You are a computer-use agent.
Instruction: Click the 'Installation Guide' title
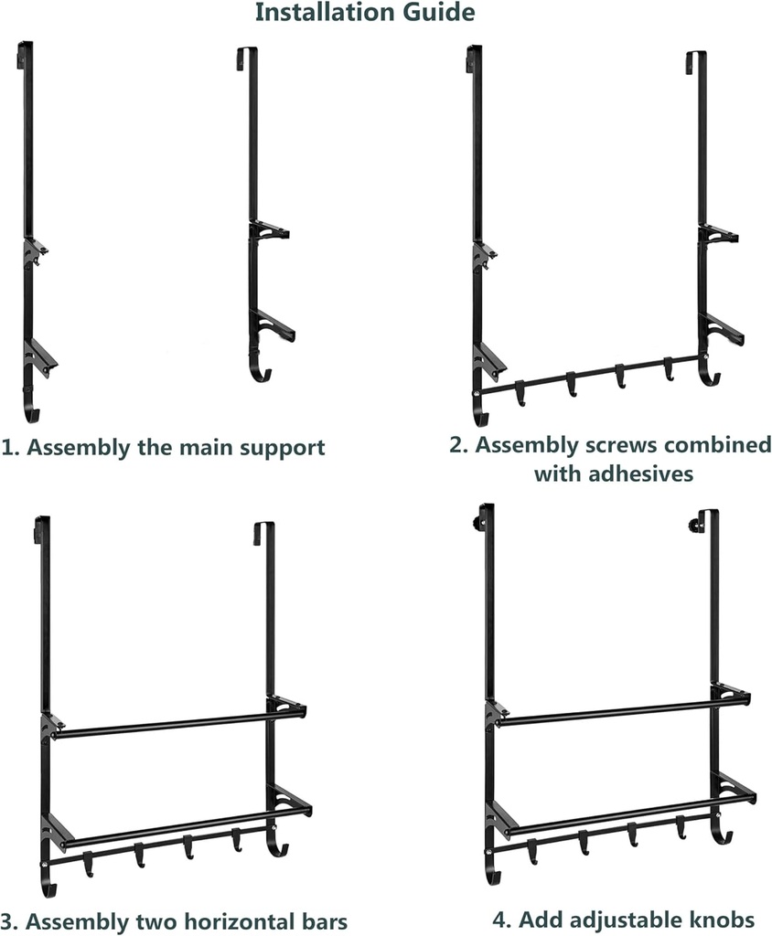click(364, 13)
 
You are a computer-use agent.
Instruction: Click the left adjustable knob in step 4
click(477, 523)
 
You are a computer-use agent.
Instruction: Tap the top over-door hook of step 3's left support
click(41, 527)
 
